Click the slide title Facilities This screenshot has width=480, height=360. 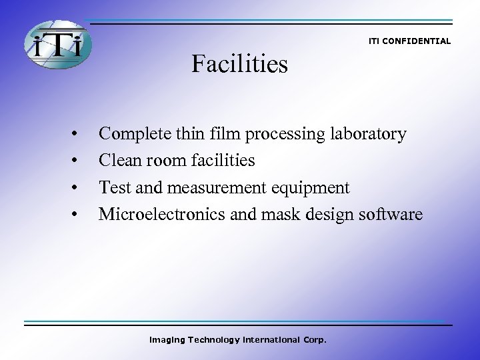click(x=239, y=65)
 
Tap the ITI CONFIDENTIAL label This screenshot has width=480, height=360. click(x=409, y=41)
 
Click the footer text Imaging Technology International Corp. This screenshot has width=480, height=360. click(x=238, y=340)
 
